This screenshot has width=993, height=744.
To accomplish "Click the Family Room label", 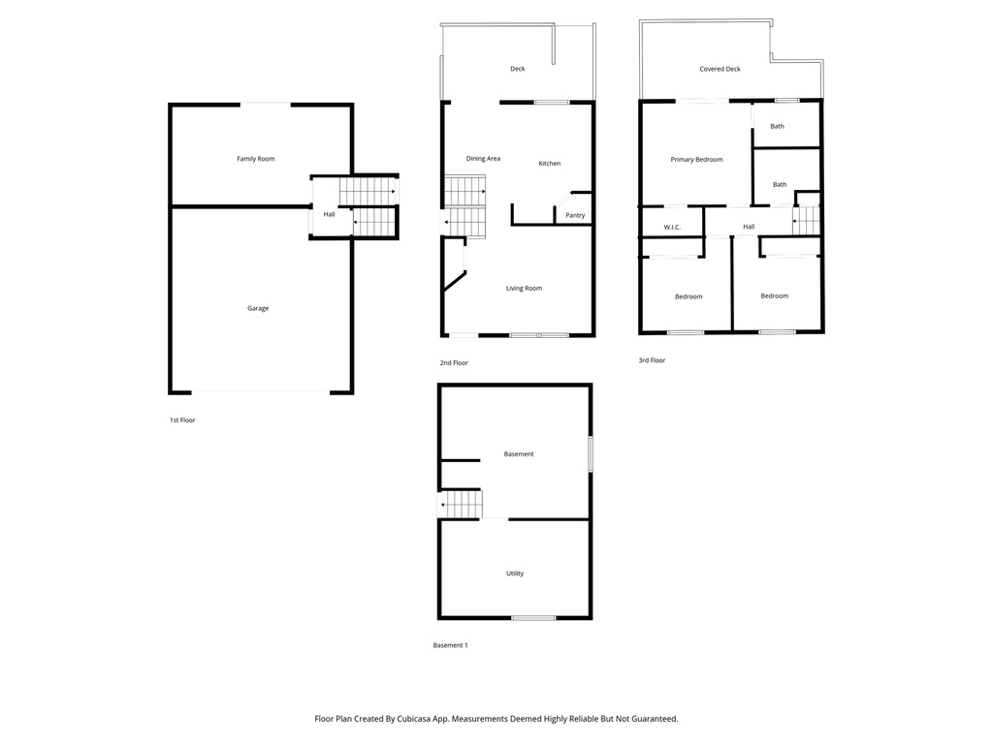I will pos(256,159).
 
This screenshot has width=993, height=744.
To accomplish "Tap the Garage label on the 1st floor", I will pos(257,308).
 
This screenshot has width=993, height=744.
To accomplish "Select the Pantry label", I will pos(575,215).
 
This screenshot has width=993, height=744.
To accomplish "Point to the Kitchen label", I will pos(550,164).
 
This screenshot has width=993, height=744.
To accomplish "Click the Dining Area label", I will pos(483,159).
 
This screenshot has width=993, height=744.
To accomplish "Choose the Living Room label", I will pos(524,288).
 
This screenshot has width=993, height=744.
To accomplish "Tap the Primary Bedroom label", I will pos(696,160).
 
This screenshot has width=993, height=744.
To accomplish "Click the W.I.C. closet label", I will pos(672,228).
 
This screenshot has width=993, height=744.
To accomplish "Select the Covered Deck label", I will pos(720,70).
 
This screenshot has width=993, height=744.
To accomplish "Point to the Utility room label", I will pos(515,573).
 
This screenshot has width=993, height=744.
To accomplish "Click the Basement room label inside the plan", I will pos(519,454).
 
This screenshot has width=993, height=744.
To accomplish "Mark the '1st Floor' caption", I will pos(182,420).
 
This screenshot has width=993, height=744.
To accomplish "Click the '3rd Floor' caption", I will pos(652,360).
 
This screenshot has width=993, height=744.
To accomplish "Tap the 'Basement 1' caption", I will pos(450,645).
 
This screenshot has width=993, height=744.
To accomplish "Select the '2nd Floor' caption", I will pos(454,362).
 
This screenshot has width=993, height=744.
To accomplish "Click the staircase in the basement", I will pos(464,505).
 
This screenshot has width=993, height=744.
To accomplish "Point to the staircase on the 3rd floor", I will pos(807,221).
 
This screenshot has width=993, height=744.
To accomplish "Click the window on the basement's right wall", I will pos(590,454).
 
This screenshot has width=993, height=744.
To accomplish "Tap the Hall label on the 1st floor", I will pos(330,214).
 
